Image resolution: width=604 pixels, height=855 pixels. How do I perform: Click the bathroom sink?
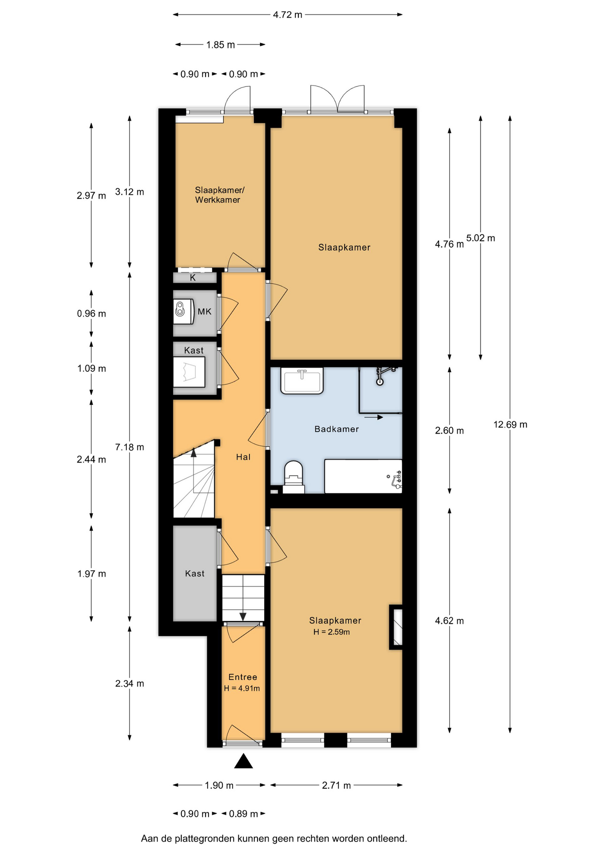[x=302, y=381]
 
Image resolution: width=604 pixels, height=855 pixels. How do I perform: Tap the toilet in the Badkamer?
[x=294, y=477]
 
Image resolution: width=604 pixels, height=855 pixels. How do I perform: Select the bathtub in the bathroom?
[x=363, y=476]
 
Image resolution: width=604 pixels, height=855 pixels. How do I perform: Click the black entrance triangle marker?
[x=243, y=761]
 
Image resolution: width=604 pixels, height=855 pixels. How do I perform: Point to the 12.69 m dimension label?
[x=510, y=424]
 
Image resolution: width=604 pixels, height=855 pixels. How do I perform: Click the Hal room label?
[x=243, y=457]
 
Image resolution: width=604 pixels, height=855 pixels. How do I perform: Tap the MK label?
[x=205, y=312]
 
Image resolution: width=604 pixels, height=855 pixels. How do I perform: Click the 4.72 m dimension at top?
[x=287, y=15]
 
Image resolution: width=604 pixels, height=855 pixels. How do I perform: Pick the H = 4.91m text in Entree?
[x=242, y=688]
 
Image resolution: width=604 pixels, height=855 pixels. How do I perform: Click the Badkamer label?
[x=336, y=429]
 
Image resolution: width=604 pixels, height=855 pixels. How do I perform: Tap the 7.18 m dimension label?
[x=129, y=447]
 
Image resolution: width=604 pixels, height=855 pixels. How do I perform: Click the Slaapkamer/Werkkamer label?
[x=219, y=195]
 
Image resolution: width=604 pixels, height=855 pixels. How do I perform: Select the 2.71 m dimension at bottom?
[x=336, y=785]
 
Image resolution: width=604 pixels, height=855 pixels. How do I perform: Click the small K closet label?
[x=193, y=278]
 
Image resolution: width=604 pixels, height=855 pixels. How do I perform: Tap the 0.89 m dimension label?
[x=243, y=814]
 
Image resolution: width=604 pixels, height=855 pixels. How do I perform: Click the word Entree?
[x=243, y=677]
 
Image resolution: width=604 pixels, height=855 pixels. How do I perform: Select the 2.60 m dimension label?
[x=449, y=431]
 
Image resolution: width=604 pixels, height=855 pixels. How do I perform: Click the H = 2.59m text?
[x=331, y=632]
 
